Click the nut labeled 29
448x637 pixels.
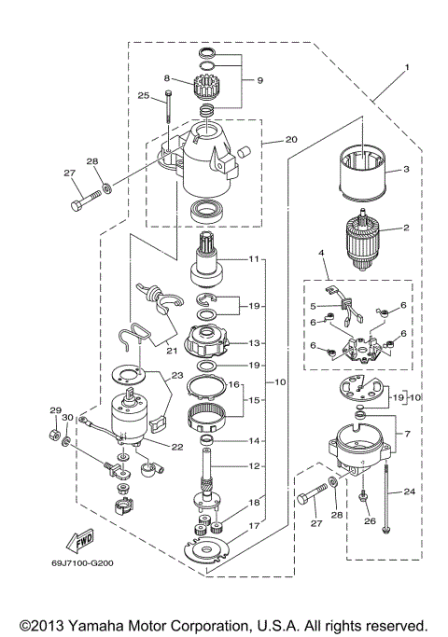[x=54, y=435]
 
